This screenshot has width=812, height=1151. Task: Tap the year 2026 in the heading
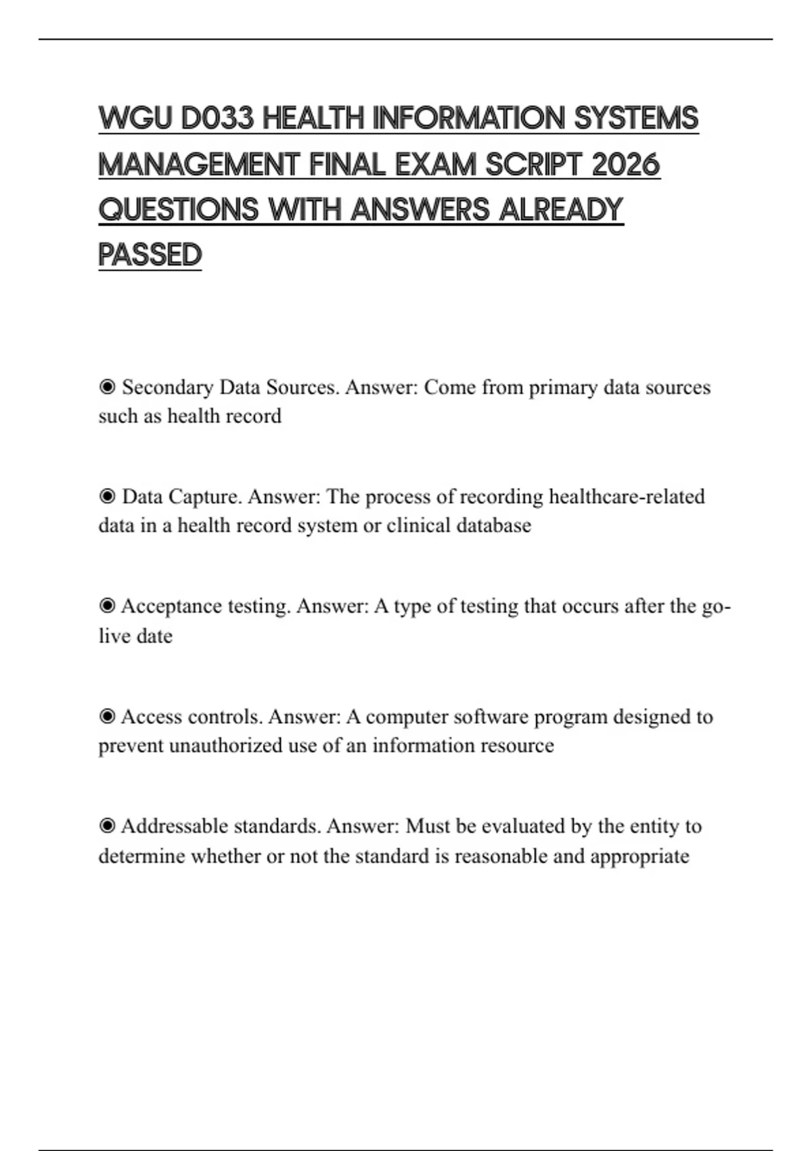625,165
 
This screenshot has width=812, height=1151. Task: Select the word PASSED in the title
150,255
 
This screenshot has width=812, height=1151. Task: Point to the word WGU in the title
135,118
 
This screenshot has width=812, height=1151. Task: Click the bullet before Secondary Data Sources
107,387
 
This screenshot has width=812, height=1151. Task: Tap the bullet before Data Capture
107,497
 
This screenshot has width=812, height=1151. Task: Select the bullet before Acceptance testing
107,606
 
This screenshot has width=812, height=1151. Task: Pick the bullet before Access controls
107,716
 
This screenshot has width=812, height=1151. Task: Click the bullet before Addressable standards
107,826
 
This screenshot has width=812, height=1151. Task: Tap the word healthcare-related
627,497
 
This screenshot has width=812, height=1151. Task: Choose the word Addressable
176,826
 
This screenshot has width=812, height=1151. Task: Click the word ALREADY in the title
560,210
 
